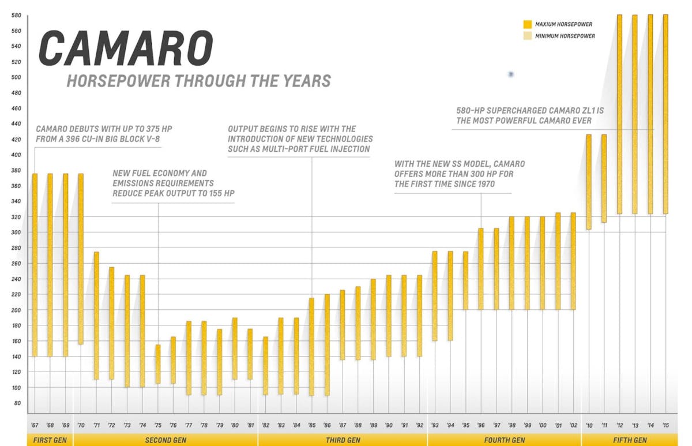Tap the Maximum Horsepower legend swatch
527,24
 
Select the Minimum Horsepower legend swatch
527,36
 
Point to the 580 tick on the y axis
16,15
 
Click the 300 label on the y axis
16,233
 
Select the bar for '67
35,265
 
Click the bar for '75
158,364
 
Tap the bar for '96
481,269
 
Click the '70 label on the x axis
81,425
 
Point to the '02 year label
573,425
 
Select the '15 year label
665,425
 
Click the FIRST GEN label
49,440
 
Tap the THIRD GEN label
343,440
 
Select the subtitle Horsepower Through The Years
199,80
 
